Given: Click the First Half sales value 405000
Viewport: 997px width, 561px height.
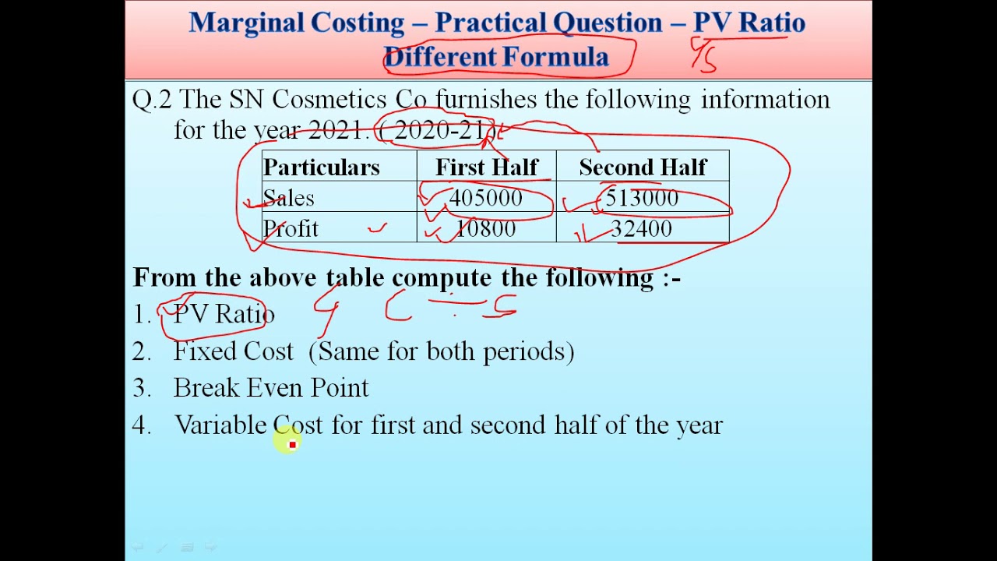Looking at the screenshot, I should [485, 198].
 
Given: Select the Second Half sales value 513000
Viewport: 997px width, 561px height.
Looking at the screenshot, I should [642, 198].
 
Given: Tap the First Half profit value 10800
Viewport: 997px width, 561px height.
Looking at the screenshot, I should [485, 229].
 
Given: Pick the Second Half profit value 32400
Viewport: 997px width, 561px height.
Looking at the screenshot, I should [641, 229].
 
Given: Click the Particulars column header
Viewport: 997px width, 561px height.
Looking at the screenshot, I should [321, 168].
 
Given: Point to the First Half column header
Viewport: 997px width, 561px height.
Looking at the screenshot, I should [486, 168].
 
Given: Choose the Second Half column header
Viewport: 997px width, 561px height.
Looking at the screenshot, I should [643, 168].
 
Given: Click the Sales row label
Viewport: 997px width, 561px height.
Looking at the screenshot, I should [289, 198].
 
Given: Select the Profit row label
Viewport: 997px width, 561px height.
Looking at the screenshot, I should [291, 229].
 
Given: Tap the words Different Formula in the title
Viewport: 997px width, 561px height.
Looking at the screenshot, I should [496, 57].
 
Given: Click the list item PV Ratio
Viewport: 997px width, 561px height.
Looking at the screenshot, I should [224, 314].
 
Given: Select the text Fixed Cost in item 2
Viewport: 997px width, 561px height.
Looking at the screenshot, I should [233, 351].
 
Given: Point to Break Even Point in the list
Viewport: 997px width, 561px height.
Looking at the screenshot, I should [271, 388].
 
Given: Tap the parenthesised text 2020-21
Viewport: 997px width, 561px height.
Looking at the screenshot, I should [438, 130].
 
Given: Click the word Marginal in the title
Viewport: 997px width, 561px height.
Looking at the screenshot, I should [245, 22].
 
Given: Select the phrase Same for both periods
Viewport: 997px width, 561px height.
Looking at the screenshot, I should [442, 351].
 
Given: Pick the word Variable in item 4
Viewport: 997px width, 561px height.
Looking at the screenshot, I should [220, 425].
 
